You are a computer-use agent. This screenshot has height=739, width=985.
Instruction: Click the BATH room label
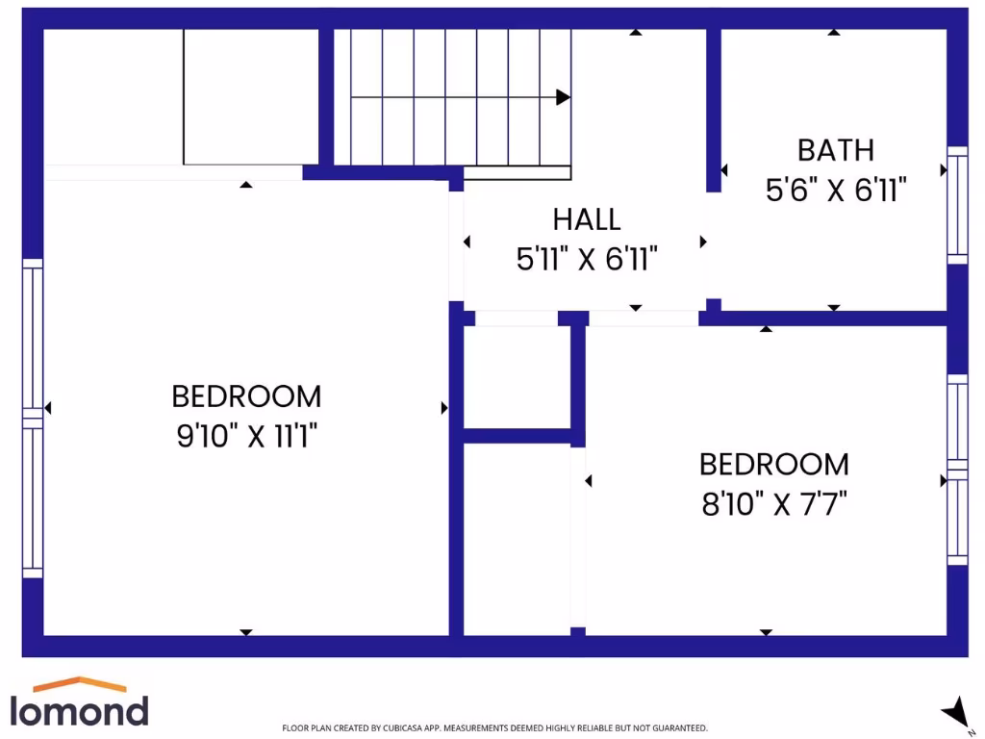coord(835,150)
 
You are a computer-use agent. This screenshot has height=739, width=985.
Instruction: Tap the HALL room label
coord(587,219)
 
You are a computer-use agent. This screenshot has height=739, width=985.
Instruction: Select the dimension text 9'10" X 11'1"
coord(246,436)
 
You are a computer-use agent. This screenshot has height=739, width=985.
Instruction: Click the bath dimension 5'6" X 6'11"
coord(836,191)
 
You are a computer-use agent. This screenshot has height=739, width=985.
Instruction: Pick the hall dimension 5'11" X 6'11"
coord(587,259)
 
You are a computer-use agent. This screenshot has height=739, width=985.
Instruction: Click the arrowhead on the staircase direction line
coord(564,97)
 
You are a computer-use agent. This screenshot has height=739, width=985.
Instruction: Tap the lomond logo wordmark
coord(80,710)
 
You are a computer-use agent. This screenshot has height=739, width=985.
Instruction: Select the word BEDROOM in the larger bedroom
coord(246,395)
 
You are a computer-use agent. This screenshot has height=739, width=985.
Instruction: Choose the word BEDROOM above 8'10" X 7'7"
coord(773,465)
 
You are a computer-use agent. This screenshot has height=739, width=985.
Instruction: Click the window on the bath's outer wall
coord(957,204)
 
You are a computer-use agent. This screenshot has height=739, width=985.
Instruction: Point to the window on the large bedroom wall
coord(33,419)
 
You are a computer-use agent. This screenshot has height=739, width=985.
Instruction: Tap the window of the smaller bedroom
coord(957,469)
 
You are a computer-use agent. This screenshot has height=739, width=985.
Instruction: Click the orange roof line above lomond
coord(80,685)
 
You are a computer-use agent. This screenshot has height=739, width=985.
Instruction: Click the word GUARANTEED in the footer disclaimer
coord(679,728)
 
